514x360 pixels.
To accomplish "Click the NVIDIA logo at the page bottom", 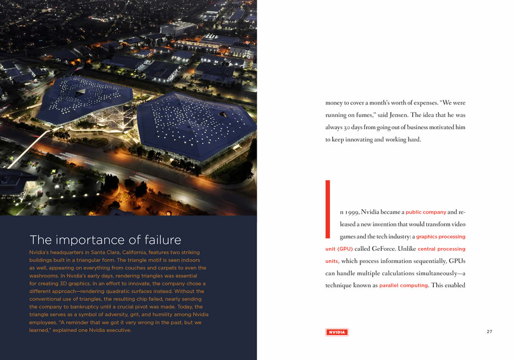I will [x=337, y=332].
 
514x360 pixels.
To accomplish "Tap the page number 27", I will [x=489, y=332].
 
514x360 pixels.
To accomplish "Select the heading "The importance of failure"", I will [x=105, y=239].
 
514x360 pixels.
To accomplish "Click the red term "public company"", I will [x=426, y=212].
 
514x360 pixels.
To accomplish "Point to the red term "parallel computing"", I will [x=403, y=286].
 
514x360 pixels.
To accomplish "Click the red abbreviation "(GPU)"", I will [x=345, y=249].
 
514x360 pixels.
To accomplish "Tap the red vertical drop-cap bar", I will [x=328, y=209].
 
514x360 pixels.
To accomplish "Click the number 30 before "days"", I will [x=352, y=127].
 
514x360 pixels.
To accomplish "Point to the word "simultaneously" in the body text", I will [x=434, y=273].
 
